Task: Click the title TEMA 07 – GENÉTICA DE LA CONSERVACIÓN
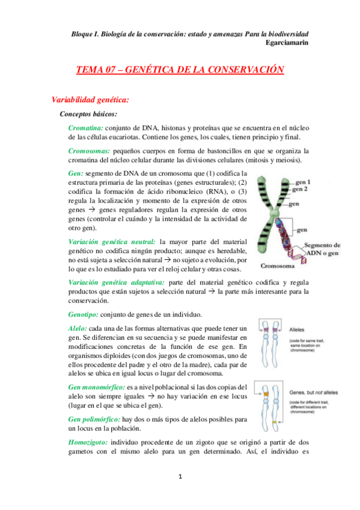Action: (180, 70)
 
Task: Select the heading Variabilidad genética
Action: (89, 99)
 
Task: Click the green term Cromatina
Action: (85, 128)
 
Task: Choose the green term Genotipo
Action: (87, 315)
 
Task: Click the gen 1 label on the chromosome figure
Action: (303, 182)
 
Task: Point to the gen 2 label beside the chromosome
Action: (302, 189)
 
